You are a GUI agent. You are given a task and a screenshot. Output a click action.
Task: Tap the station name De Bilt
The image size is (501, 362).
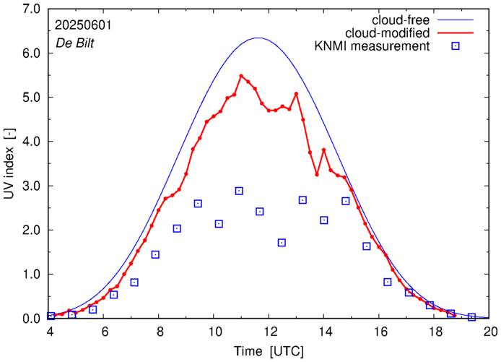tap(75, 42)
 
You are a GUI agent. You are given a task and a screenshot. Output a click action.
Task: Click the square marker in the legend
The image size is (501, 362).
tap(456, 47)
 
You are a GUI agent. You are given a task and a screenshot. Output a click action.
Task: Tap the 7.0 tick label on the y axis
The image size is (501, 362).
tap(31, 9)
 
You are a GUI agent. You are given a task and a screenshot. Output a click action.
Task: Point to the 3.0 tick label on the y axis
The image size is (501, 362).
tap(31, 186)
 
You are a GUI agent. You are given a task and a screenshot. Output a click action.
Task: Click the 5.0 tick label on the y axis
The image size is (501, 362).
tap(31, 98)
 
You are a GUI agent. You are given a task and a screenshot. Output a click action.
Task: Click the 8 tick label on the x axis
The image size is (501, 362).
tap(160, 332)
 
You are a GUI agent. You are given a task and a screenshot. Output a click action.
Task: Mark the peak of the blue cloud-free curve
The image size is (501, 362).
tap(258, 38)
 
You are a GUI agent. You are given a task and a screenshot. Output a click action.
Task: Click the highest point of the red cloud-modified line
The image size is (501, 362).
tap(241, 76)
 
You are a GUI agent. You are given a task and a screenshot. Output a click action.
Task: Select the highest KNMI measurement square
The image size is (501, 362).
tap(239, 191)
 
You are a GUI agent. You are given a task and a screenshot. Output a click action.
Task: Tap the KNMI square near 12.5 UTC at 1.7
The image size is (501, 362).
tap(282, 243)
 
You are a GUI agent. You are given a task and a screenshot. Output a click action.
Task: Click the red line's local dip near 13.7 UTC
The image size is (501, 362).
tap(316, 174)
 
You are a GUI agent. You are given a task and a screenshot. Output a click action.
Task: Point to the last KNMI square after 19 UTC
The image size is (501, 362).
tap(471, 316)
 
